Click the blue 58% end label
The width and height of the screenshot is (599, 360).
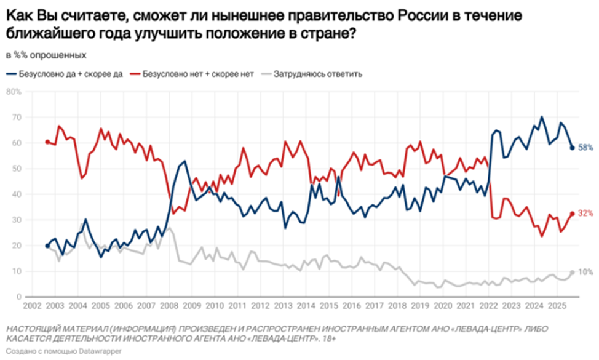[x=585, y=148]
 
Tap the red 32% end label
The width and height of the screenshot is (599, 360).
[x=585, y=214]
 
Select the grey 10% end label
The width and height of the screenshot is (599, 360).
[x=585, y=272]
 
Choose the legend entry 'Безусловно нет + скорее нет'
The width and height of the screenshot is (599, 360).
[x=197, y=74]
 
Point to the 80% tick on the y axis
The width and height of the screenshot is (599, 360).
[x=14, y=92]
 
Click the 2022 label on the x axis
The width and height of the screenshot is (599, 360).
[x=489, y=306]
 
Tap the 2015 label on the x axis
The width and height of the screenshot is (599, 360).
[x=328, y=306]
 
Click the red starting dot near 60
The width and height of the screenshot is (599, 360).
[x=47, y=142]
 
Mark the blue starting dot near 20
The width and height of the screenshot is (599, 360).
[x=47, y=246]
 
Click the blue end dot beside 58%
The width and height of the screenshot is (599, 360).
[x=572, y=148]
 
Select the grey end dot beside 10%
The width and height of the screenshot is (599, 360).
[x=572, y=272]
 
